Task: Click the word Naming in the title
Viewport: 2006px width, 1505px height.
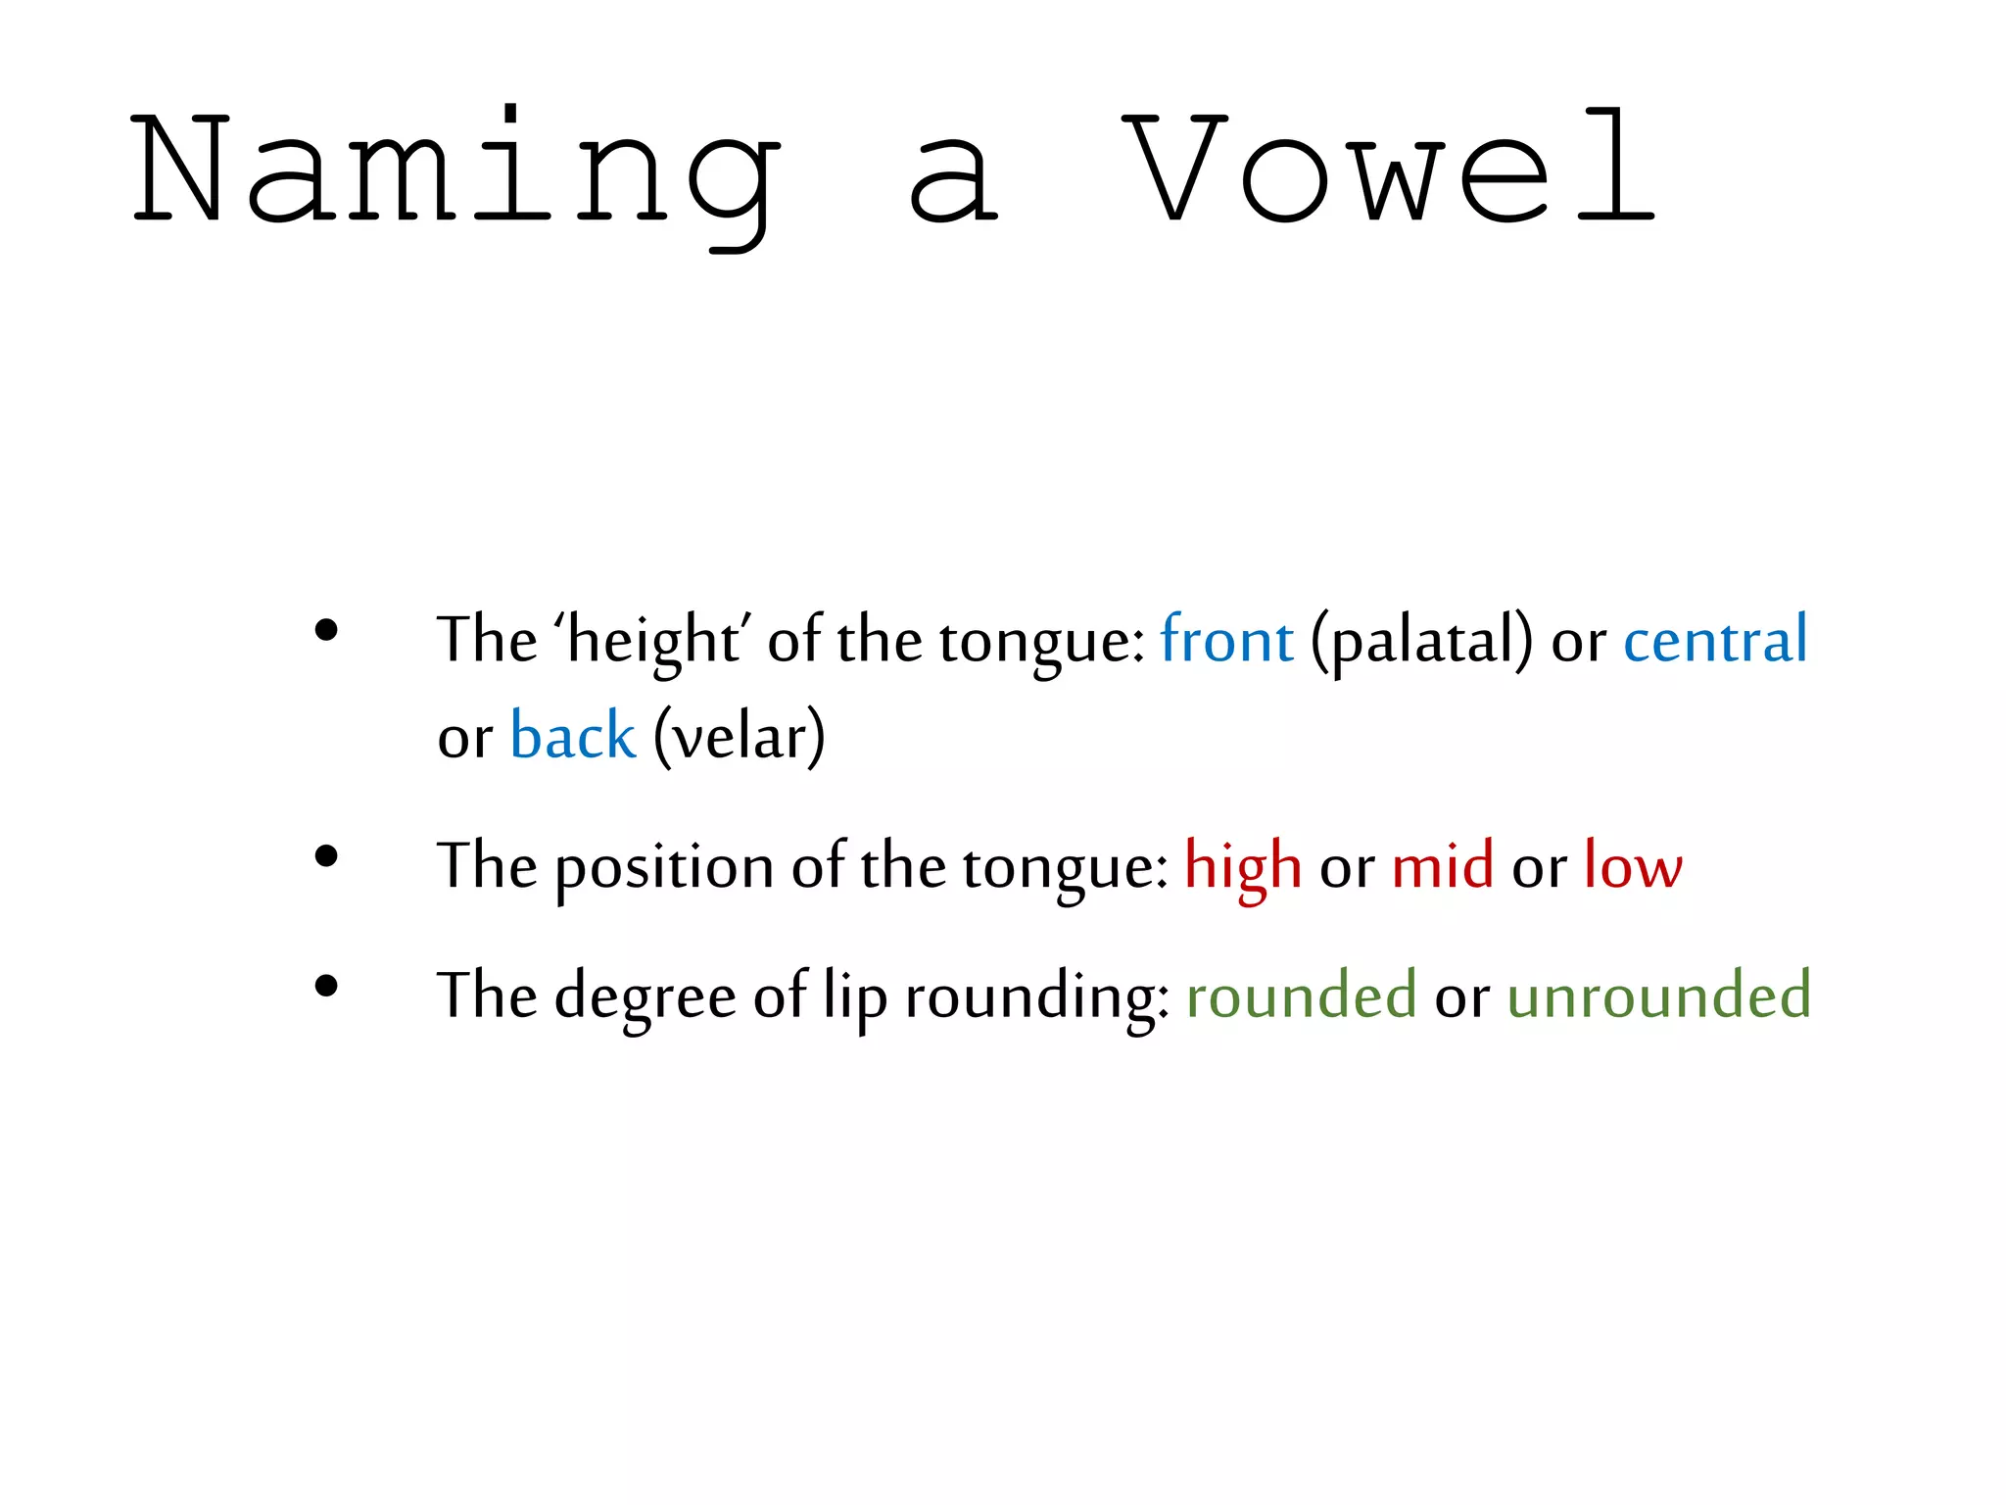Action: click(455, 171)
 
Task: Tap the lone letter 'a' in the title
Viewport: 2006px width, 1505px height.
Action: click(953, 181)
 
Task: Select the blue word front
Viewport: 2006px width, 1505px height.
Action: click(1226, 640)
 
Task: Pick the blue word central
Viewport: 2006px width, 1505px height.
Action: click(1715, 640)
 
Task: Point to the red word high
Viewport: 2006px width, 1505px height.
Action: click(1243, 867)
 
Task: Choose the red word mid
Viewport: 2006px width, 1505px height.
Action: click(1443, 865)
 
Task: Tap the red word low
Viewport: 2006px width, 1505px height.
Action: click(1633, 865)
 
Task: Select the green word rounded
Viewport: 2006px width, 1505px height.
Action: click(1301, 995)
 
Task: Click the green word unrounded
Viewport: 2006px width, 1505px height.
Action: click(1658, 995)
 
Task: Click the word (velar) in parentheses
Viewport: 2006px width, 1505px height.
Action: click(740, 737)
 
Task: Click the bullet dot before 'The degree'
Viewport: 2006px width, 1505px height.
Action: click(326, 986)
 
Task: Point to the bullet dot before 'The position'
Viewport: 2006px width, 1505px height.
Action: click(326, 857)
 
